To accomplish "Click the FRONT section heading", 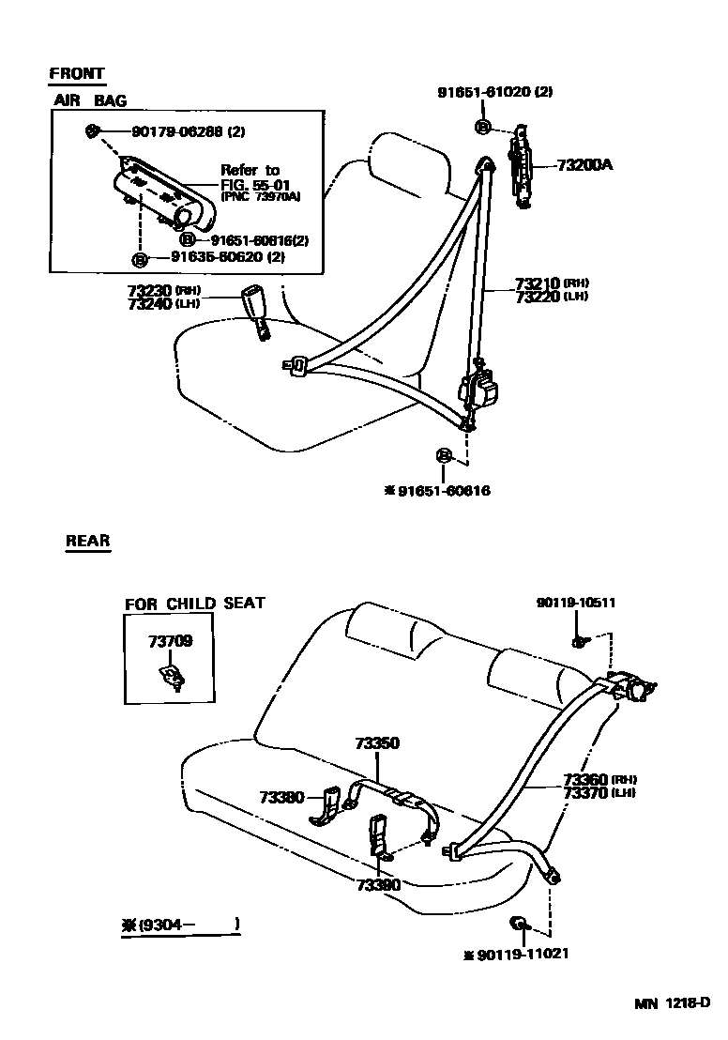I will click(77, 74).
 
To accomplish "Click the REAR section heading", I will click(88, 541).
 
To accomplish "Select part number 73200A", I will click(584, 164).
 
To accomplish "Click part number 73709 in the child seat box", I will click(170, 642).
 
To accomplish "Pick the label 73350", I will click(377, 743).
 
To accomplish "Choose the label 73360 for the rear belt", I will click(585, 780).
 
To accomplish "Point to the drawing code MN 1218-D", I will click(670, 1004).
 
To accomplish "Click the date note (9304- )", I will click(187, 925).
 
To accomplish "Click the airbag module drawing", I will click(159, 195).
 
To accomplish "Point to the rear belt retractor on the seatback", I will click(628, 686).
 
